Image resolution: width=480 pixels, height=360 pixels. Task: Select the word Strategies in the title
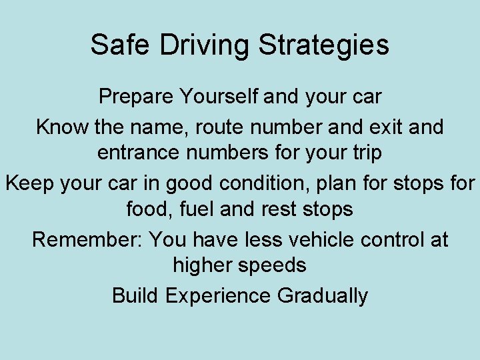pos(323,45)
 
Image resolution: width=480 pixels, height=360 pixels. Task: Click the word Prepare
pos(135,97)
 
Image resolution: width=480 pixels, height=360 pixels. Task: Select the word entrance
pos(139,153)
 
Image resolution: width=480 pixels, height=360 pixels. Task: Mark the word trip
pos(364,153)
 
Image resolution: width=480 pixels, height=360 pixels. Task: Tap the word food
pos(146,209)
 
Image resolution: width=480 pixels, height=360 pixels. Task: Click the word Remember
pos(87,239)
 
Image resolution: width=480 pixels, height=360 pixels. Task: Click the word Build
pos(135,295)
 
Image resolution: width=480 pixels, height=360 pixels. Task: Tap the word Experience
pos(218,295)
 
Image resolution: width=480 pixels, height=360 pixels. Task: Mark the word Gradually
pos(323,295)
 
